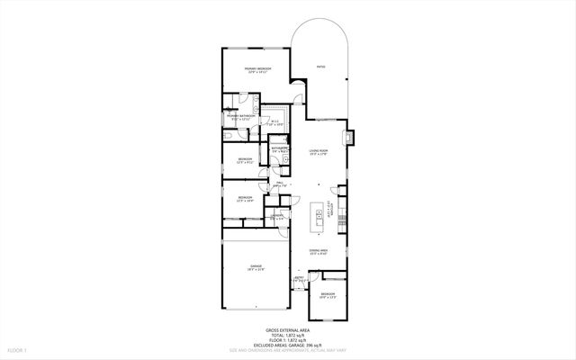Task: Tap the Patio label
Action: coord(320,67)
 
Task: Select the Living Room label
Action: coord(318,153)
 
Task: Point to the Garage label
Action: coord(256,267)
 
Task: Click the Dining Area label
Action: coord(318,252)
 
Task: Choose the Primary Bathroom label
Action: coord(239,117)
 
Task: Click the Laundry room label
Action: coord(278,217)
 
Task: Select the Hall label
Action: coord(280,184)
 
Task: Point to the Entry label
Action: coord(300,279)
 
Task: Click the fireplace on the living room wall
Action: coord(351,139)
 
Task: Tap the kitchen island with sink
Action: coord(318,216)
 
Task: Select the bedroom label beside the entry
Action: coord(328,296)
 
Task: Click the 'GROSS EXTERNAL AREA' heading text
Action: coord(288,329)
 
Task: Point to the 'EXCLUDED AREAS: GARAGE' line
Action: coord(288,344)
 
